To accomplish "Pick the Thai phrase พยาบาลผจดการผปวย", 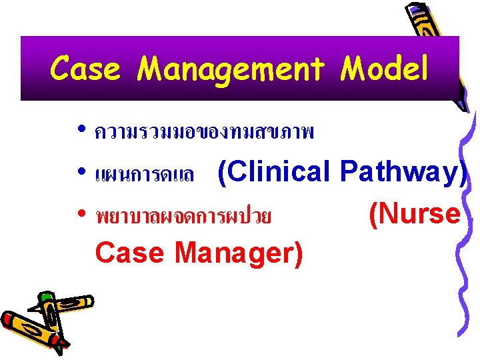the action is click(183, 217).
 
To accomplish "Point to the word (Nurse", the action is click(414, 213).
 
